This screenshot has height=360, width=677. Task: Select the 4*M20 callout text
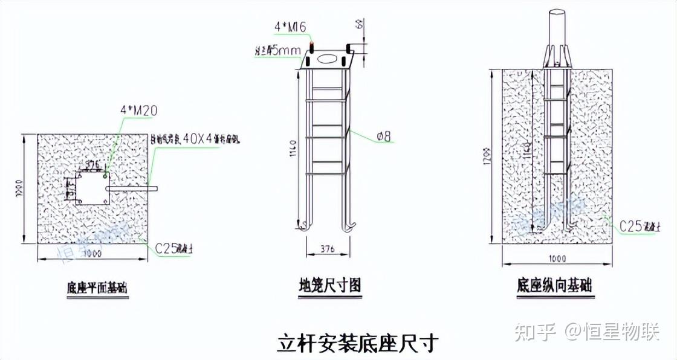coord(140,110)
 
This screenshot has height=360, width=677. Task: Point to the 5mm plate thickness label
coord(279,51)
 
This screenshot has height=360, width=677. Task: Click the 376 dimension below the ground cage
coord(327,248)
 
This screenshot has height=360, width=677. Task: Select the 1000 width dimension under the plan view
coord(92,254)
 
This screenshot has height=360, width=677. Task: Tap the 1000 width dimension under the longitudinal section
coord(557,259)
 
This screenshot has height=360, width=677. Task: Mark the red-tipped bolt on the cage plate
coord(312,47)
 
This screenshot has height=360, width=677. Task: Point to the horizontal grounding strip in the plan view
coord(131,189)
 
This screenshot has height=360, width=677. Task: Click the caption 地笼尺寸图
coord(330,284)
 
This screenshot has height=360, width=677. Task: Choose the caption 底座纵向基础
coord(554,284)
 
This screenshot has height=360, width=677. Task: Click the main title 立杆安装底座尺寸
coord(357,342)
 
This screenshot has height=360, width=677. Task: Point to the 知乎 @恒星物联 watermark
coord(586,332)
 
